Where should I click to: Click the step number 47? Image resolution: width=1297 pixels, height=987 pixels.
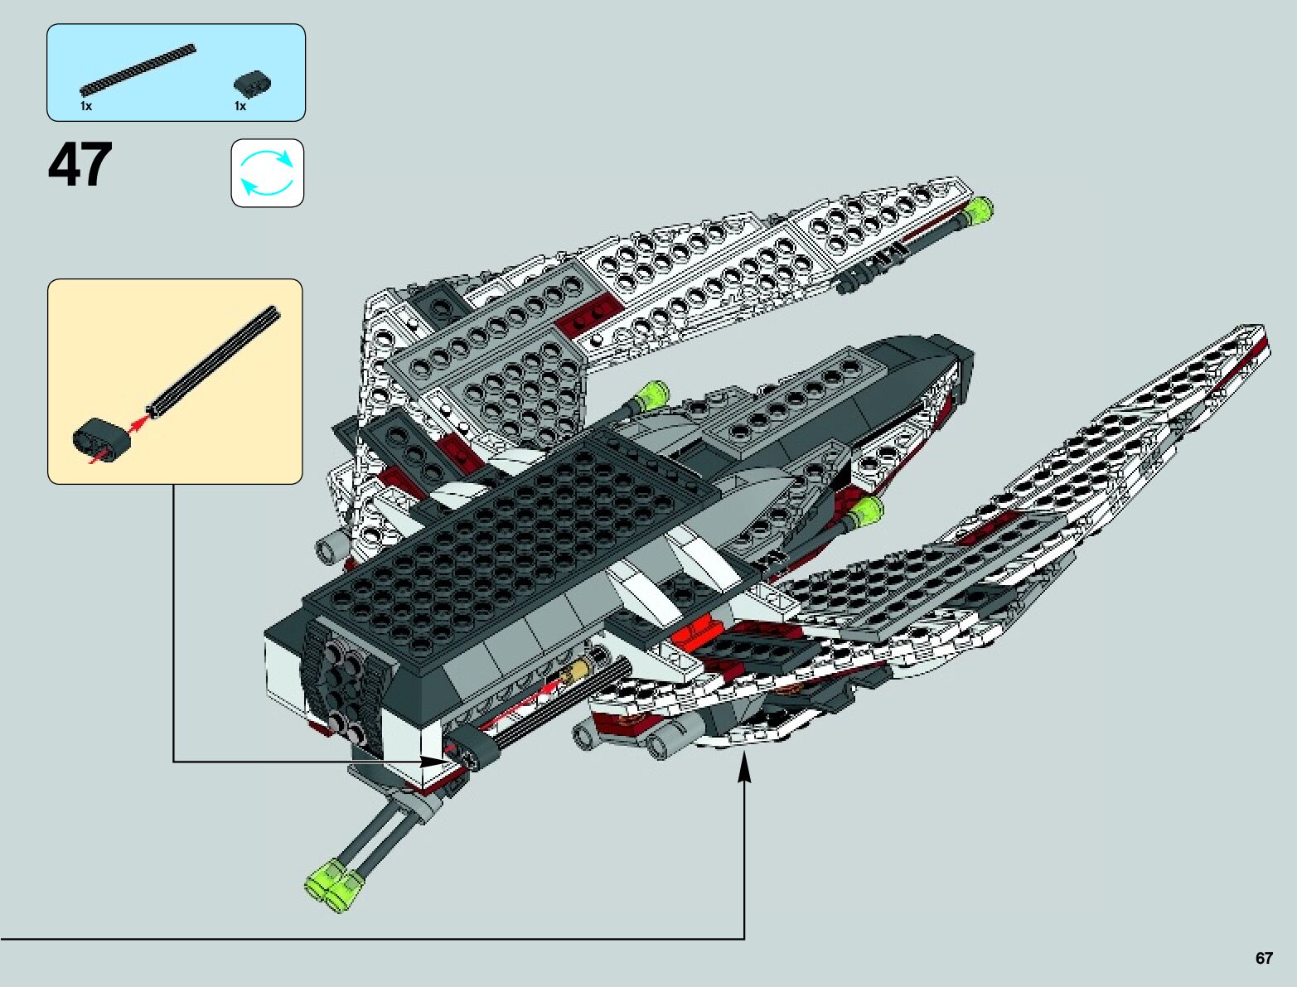point(80,165)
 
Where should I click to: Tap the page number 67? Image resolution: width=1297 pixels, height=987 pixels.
point(1263,958)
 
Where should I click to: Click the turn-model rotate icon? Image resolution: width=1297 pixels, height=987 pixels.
point(267,172)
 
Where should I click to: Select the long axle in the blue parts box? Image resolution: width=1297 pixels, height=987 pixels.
point(138,68)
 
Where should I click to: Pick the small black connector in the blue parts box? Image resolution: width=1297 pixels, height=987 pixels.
point(253,84)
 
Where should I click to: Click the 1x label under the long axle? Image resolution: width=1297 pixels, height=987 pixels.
point(86,106)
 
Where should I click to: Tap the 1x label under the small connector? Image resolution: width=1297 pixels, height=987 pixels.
point(240,106)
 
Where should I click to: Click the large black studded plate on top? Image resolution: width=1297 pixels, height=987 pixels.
point(530,547)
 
